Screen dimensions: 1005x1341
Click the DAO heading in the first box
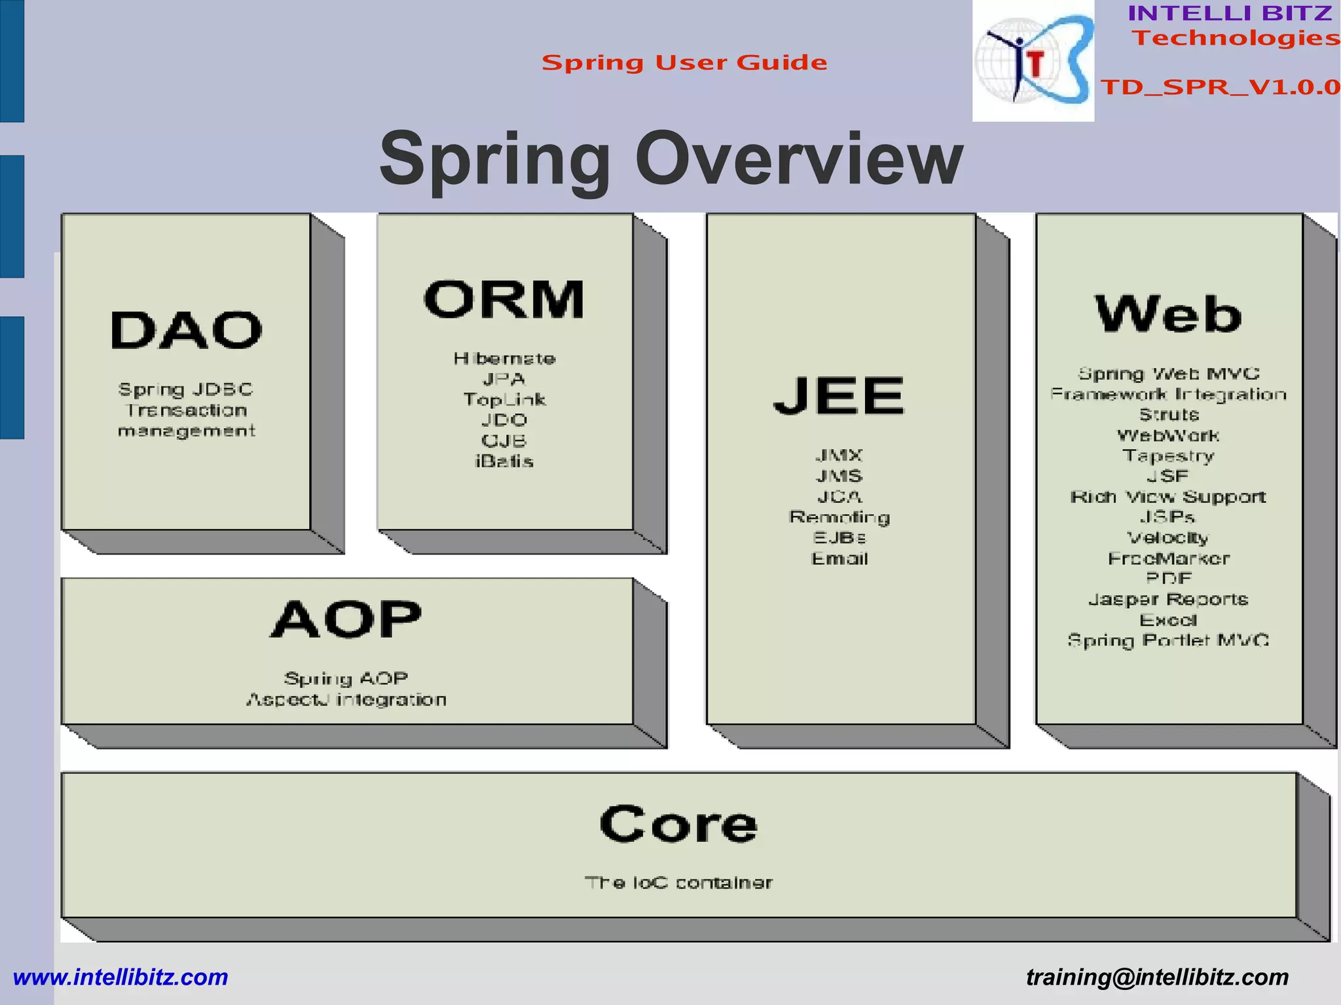[186, 330]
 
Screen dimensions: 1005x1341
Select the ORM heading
[504, 300]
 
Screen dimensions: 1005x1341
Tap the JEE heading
[839, 395]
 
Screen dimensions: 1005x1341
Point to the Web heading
[1168, 314]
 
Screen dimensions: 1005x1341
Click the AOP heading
[346, 619]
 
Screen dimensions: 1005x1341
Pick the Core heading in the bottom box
[678, 824]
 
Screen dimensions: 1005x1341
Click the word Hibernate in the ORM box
[504, 359]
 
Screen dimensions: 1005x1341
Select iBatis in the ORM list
[504, 462]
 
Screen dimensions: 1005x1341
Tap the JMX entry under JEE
[839, 455]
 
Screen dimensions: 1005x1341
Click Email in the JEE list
[839, 559]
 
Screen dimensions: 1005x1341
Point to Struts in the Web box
[1169, 415]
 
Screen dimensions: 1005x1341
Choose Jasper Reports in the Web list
[1168, 600]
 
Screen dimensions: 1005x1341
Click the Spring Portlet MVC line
[1168, 640]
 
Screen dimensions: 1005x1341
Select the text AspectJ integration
[346, 700]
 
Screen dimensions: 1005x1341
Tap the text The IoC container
[678, 883]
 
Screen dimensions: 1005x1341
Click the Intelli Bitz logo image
[1033, 61]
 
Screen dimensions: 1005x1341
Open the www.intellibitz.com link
[120, 978]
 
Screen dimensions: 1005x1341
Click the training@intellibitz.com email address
[1157, 978]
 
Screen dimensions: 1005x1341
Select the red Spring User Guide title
[684, 63]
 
